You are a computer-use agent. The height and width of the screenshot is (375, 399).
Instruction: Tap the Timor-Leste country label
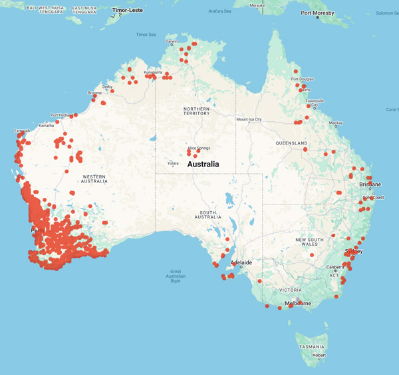pos(128,11)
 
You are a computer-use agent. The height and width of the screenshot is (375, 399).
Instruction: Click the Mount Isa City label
pos(249,119)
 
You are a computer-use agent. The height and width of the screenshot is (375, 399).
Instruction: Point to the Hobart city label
pos(319,355)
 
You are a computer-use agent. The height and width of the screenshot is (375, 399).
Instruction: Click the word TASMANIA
pos(312,347)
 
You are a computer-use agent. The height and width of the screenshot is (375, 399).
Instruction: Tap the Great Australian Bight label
pos(176,274)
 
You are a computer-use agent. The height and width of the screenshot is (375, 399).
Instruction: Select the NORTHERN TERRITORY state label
pos(197,111)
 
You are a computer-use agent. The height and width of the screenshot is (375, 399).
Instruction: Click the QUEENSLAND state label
pos(291,143)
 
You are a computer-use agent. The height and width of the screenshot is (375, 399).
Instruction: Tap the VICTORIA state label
pos(290,290)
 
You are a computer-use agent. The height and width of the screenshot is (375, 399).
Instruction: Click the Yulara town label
pos(172,163)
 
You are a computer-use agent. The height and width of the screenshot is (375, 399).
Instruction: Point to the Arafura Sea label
pos(221,11)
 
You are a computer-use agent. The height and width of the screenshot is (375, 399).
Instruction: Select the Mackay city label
pos(336,123)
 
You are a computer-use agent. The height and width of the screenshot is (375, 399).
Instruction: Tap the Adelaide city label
pos(240,262)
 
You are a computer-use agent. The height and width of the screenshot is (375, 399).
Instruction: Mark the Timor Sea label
pos(146,35)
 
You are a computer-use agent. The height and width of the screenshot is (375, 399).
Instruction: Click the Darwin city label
pos(172,41)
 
